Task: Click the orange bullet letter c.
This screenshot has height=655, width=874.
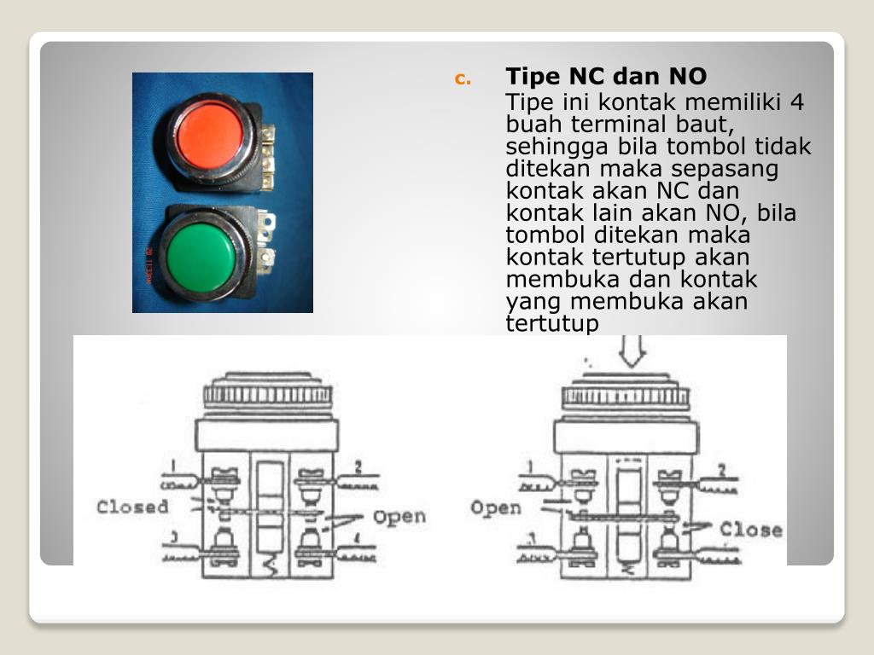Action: (462, 80)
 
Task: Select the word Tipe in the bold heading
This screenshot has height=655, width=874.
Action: (533, 77)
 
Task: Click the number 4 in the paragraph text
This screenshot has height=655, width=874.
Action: (795, 103)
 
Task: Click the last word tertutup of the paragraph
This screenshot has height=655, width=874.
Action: (552, 324)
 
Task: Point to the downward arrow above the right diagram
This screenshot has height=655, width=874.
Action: (634, 350)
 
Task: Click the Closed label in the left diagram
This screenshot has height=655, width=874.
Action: (132, 507)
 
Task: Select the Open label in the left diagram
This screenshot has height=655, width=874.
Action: (399, 517)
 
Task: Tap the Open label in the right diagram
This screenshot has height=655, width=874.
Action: (495, 508)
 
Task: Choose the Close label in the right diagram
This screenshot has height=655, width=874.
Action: (750, 530)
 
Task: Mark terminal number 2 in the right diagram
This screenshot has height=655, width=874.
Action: (722, 469)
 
